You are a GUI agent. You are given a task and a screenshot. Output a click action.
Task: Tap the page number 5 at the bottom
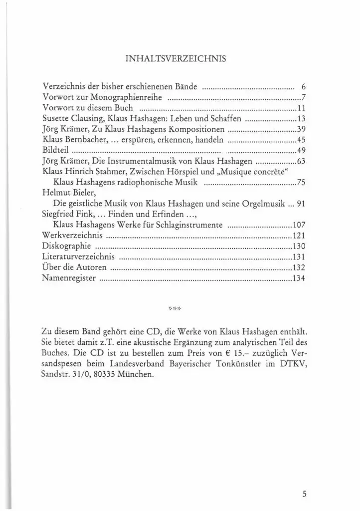coord(304,495)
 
